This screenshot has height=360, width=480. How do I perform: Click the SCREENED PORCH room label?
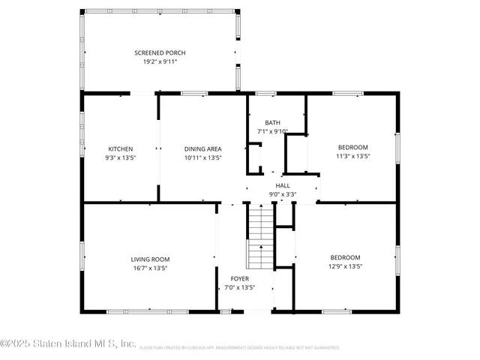tap(160, 52)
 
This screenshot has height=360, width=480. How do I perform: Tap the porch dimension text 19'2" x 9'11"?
tap(160, 61)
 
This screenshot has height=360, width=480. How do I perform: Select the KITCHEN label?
tap(121, 148)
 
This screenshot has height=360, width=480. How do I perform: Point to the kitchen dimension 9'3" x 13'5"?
tap(121, 157)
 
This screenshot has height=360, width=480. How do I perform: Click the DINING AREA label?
tap(202, 148)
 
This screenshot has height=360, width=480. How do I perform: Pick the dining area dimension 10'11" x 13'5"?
tap(202, 157)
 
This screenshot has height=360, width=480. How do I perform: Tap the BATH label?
tap(272, 122)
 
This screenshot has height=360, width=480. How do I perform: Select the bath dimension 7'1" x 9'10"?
tap(272, 131)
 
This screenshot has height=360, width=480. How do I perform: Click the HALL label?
tap(283, 185)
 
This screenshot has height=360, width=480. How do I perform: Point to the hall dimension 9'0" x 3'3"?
tap(283, 194)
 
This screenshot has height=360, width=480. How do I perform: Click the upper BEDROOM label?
tap(352, 148)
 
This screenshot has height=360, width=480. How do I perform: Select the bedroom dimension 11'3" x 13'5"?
tap(352, 157)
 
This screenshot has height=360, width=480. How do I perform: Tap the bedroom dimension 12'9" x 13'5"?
tap(345, 266)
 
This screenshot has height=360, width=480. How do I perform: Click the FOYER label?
tap(240, 278)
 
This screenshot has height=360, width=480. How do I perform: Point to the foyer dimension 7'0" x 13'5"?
tap(240, 287)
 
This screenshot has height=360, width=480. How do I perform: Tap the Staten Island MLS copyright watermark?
tap(68, 344)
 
